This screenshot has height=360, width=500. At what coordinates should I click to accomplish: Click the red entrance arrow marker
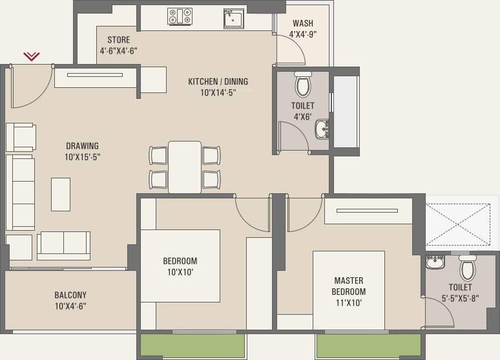32,56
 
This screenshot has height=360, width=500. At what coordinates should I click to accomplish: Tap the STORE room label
118,40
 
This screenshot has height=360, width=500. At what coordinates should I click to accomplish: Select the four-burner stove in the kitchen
180,16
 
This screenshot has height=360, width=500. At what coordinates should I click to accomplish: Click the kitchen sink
234,19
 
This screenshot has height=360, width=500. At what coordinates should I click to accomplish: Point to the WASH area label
303,23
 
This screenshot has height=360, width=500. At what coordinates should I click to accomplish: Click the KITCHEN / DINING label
218,81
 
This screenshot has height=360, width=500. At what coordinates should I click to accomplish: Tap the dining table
185,167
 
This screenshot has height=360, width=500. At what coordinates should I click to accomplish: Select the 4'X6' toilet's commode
302,84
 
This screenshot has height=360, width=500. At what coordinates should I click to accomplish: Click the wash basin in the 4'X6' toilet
322,129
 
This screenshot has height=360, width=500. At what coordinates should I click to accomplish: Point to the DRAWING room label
82,146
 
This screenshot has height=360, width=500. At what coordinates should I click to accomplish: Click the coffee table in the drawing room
61,195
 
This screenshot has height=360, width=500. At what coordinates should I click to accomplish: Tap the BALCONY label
70,295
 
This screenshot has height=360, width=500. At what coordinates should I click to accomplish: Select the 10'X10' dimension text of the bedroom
180,272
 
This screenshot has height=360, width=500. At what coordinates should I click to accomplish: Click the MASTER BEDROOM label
349,286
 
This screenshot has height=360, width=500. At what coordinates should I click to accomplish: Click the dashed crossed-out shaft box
458,225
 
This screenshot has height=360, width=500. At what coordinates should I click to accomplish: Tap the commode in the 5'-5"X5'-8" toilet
468,268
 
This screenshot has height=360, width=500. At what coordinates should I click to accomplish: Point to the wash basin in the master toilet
435,262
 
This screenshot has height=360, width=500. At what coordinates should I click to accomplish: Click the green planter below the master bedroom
369,346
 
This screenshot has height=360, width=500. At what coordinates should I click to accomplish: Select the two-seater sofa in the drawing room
63,246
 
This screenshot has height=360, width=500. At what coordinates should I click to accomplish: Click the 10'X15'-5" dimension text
83,157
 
